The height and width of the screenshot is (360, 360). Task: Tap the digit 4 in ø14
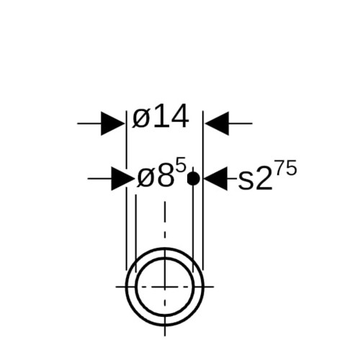click(x=179, y=117)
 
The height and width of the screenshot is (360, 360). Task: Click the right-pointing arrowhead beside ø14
click(x=112, y=123)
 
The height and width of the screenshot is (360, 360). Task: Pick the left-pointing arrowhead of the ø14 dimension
click(x=217, y=123)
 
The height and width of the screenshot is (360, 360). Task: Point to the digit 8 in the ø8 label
click(x=165, y=176)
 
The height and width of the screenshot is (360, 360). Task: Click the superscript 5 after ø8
click(x=181, y=165)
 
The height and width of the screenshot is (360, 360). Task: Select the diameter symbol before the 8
click(x=146, y=178)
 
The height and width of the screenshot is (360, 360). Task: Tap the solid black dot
click(x=193, y=179)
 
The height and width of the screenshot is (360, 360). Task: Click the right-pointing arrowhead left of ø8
click(x=122, y=179)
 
